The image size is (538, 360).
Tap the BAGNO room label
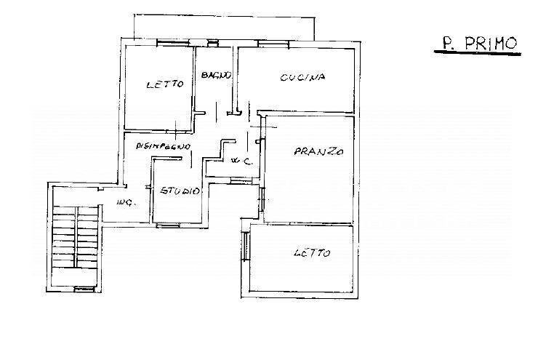pyautogui.click(x=217, y=75)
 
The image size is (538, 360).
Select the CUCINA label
pyautogui.click(x=302, y=77)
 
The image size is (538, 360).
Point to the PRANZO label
pyautogui.click(x=318, y=152)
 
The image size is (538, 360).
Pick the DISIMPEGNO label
pyautogui.click(x=164, y=145)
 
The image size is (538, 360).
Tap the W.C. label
pyautogui.click(x=240, y=161)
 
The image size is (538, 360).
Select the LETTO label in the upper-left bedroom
pyautogui.click(x=164, y=86)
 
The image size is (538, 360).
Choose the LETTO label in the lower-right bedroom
pyautogui.click(x=312, y=253)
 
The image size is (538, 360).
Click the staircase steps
pyautogui.click(x=76, y=236)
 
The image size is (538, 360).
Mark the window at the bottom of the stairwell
pyautogui.click(x=85, y=289)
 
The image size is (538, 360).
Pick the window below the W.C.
pyautogui.click(x=240, y=181)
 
